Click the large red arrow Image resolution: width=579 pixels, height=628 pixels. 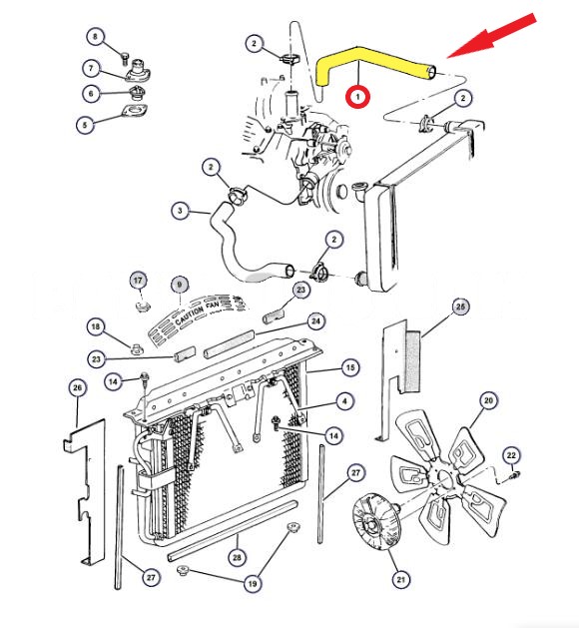point(493,35)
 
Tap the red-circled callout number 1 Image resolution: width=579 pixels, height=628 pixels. point(358,96)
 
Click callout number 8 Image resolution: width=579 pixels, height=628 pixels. point(95,37)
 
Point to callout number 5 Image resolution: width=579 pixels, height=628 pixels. point(85,125)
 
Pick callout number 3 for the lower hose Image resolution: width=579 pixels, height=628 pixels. point(180,211)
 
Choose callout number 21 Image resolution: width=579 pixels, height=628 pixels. point(401,579)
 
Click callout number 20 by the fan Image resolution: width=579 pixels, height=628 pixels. point(488,400)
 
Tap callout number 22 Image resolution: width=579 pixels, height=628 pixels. point(511,455)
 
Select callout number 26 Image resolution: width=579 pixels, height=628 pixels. point(78,387)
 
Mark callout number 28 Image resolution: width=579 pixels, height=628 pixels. point(237,557)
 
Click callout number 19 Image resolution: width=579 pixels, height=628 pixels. point(253,583)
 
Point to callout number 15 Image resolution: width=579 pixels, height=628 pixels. point(350,367)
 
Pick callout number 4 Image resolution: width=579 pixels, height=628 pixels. point(344,401)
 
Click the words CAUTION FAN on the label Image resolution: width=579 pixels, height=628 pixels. point(197,313)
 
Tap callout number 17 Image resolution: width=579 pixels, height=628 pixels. point(138,280)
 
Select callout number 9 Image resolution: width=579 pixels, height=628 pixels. point(180,285)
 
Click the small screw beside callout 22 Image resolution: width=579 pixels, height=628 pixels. point(514,476)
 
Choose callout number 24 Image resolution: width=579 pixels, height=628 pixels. point(315,321)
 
